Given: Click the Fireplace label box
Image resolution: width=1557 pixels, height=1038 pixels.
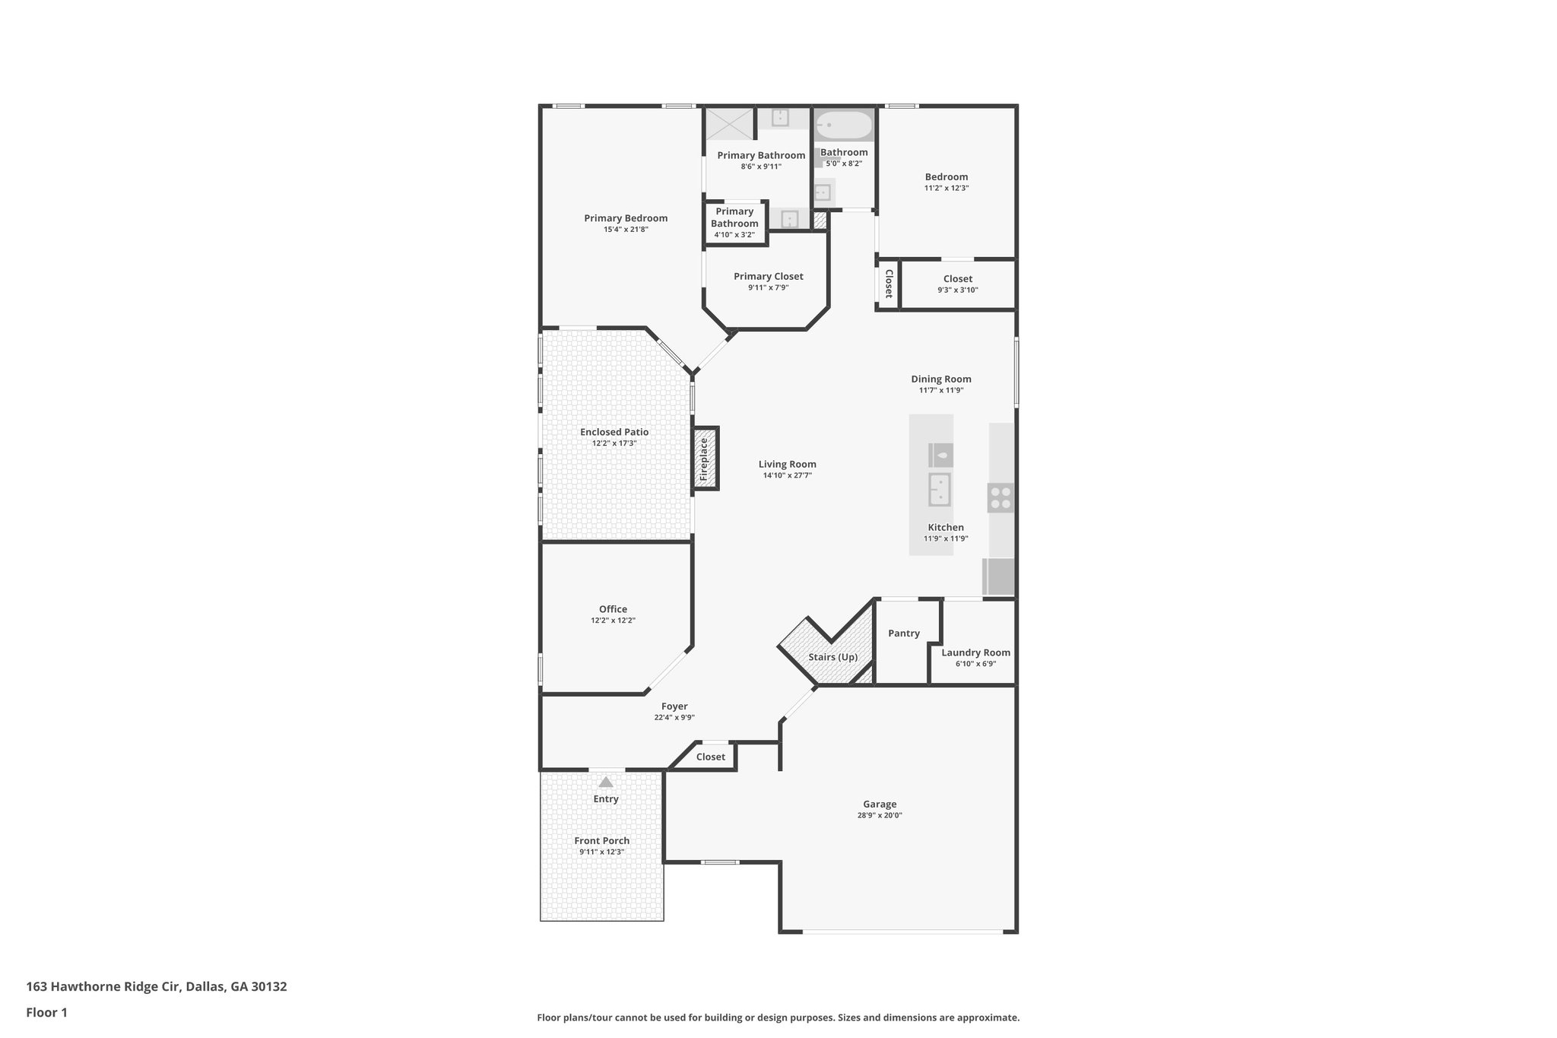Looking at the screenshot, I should click(705, 458).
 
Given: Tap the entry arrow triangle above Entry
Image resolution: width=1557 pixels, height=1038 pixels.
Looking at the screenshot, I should click(605, 782).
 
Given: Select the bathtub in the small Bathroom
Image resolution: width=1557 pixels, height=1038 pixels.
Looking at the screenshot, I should click(844, 124).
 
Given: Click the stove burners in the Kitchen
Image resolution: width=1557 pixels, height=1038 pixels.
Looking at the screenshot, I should click(1000, 498).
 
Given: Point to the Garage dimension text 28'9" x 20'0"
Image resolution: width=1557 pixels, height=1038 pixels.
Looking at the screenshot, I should click(880, 815).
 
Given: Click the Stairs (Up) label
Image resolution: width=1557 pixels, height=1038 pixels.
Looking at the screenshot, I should click(832, 657).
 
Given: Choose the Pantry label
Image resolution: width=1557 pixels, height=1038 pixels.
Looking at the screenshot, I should click(903, 633).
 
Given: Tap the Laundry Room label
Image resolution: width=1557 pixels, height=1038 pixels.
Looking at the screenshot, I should click(975, 652).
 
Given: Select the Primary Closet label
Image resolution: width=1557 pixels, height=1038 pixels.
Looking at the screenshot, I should click(768, 277).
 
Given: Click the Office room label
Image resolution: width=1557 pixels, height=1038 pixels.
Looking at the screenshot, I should click(613, 609).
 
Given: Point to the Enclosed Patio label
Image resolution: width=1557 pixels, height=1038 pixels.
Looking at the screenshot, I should click(614, 432).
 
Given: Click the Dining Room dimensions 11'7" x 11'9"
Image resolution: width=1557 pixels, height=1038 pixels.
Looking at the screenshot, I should click(941, 390).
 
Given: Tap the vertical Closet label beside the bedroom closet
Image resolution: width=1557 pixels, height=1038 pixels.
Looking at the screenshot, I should click(888, 284).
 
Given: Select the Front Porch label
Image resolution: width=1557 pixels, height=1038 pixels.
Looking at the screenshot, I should click(601, 840).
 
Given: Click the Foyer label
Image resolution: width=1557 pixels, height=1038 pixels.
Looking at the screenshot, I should click(674, 706).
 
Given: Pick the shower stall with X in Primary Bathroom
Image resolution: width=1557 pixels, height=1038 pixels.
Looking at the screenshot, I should click(728, 123).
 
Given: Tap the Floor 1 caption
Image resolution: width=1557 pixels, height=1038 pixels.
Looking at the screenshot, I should click(47, 1012).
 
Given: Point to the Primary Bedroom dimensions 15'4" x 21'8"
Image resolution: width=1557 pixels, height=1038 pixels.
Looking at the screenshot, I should click(626, 229).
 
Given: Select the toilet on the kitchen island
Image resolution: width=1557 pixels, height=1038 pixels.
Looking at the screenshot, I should click(940, 456).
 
